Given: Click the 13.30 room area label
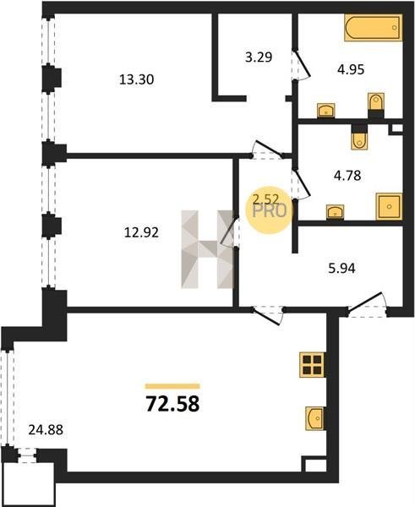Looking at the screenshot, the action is pos(136,79).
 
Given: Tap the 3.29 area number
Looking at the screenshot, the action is pos(259,57).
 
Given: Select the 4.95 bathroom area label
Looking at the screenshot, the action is pos(351,69).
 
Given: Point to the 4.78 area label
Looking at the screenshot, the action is pos(347,176).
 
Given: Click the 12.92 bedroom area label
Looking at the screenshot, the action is pos(141,232).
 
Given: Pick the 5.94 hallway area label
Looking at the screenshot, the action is pos(341,269).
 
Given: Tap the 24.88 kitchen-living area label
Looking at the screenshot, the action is pos(46,430).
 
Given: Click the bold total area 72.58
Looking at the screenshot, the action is pos(172,404).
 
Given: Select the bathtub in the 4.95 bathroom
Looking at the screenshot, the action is pos(374,28).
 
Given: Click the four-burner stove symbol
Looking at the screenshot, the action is pos(312,364).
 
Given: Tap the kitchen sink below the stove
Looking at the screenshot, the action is pos(314,418).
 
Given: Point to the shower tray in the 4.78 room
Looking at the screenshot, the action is pos(389,207).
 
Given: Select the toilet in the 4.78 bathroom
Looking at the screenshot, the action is pos(359,137).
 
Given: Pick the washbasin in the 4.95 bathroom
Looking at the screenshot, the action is pos(325,111).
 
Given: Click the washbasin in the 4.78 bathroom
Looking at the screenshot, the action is pos(335,212).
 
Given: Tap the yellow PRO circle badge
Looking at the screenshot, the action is pos(270,210).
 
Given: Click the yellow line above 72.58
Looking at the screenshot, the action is pos(172,386).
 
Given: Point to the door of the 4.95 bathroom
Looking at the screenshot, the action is pos(301,65).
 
